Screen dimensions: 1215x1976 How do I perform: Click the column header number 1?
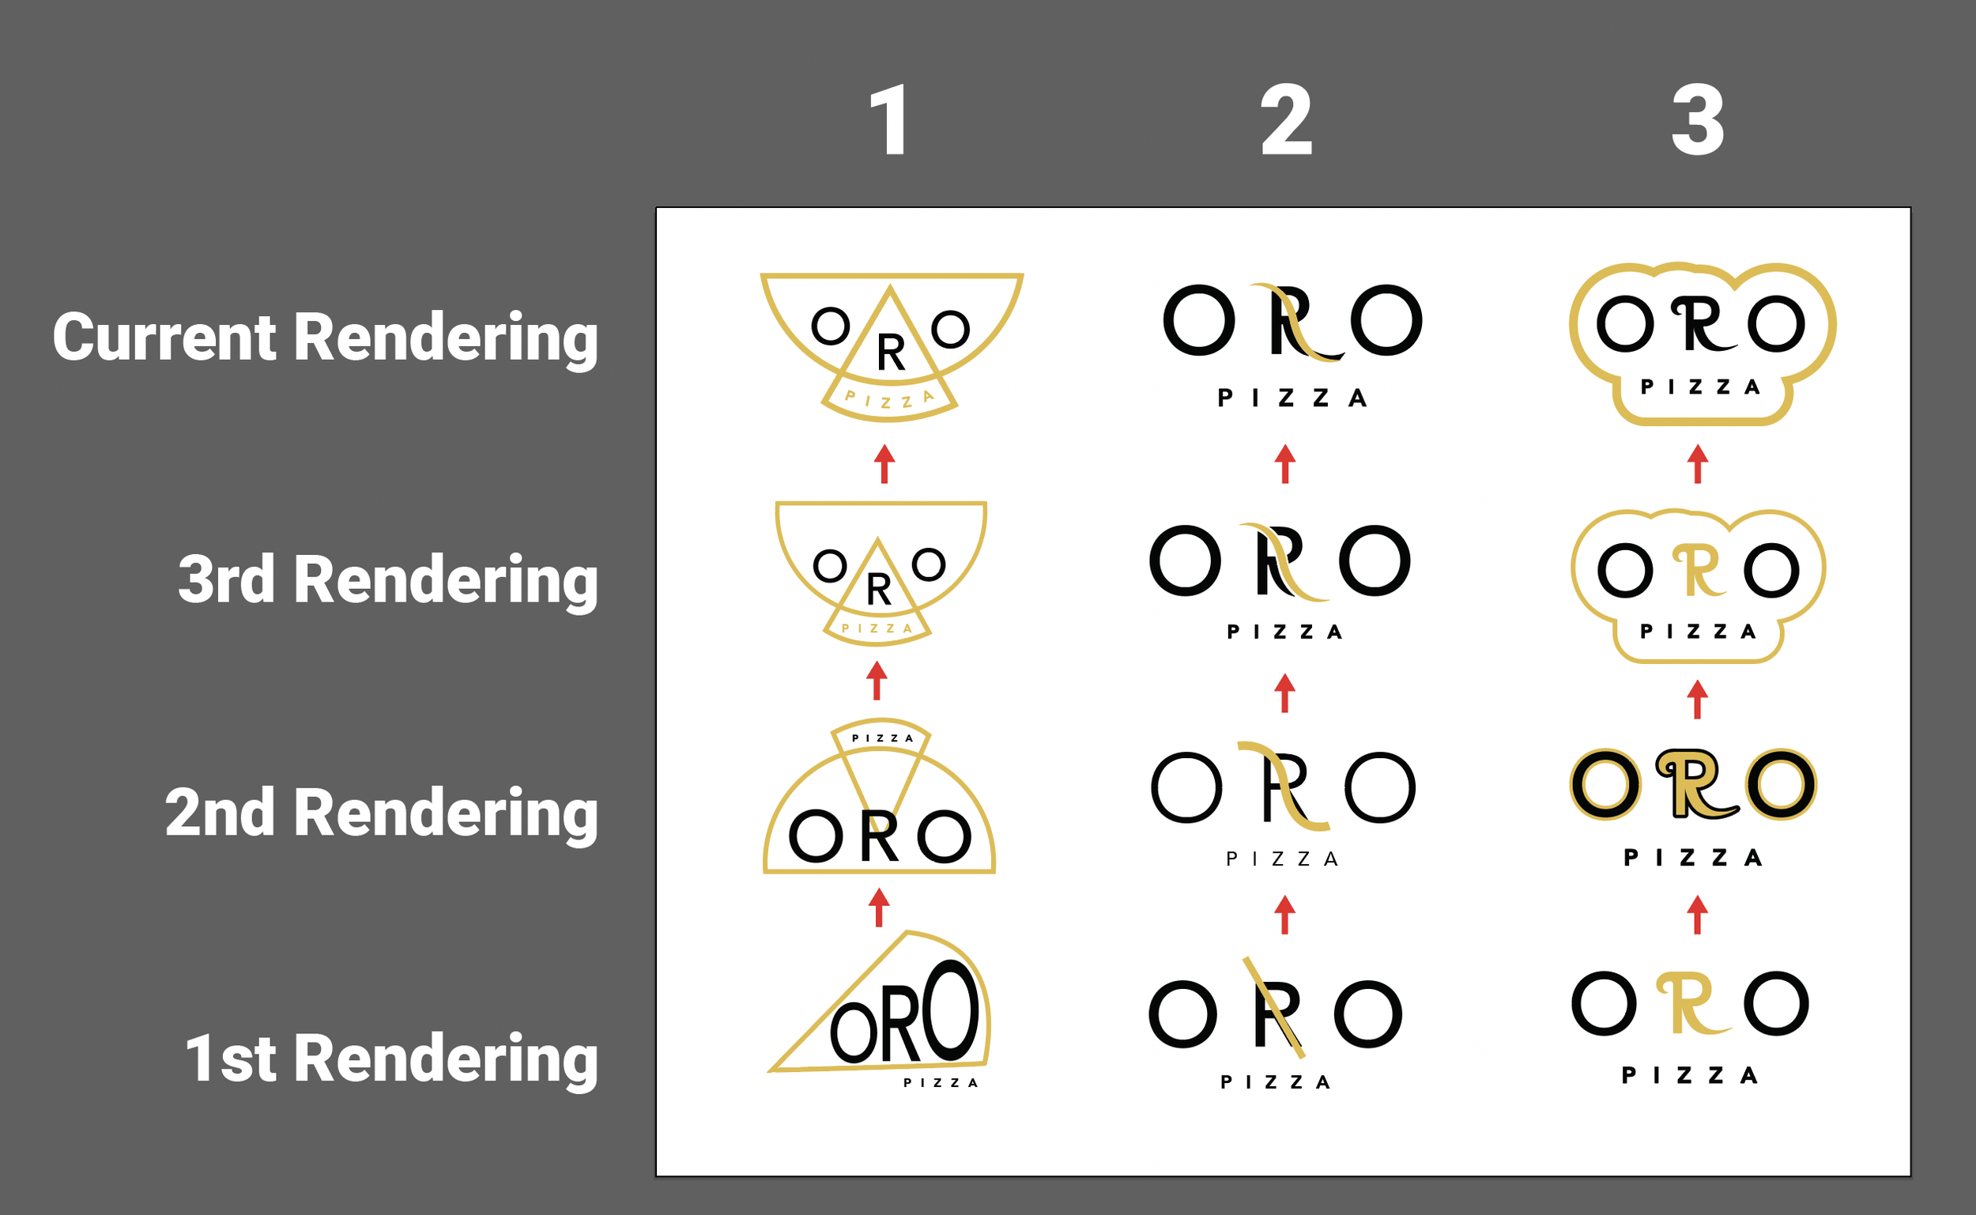tap(888, 121)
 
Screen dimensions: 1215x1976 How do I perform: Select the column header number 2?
tap(1286, 121)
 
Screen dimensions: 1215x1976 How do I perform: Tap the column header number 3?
tap(1697, 121)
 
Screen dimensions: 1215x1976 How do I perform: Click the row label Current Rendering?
tap(326, 338)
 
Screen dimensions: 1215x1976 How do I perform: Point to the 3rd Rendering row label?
tap(388, 580)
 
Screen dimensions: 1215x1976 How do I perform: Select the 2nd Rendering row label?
tap(382, 813)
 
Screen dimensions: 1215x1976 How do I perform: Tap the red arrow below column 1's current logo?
tap(884, 464)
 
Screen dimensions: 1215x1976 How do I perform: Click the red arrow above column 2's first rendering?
tap(1284, 915)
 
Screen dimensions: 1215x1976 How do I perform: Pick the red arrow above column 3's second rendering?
tap(1697, 699)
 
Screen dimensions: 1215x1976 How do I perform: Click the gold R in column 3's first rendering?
tap(1691, 1004)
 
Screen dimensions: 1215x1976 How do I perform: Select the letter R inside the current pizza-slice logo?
tap(891, 353)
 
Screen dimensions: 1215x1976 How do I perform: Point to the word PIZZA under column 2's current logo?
tap(1292, 398)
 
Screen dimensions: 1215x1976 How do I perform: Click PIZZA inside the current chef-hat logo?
tap(1700, 387)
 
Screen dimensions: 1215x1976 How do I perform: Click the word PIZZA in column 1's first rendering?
tap(941, 1083)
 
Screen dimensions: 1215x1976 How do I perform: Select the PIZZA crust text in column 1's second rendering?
tap(882, 738)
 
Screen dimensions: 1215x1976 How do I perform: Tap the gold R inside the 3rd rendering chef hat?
tap(1696, 572)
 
